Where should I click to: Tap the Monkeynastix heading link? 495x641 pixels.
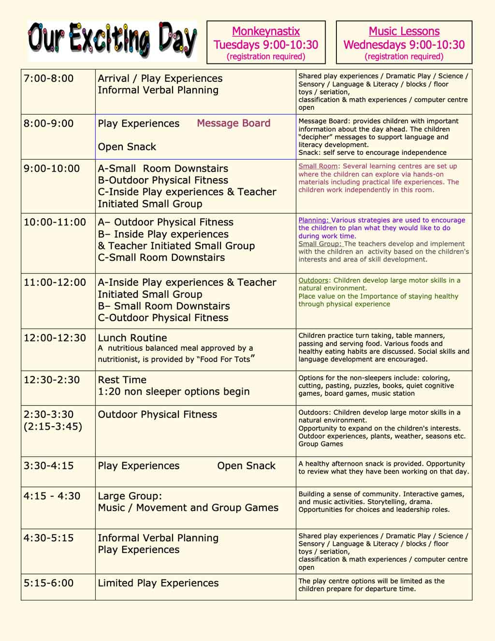tap(266, 31)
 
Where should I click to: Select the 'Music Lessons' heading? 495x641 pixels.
tap(404, 31)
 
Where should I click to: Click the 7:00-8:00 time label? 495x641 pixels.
tap(48, 78)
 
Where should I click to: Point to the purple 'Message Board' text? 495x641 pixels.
tap(233, 123)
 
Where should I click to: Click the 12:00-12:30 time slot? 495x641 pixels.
tap(55, 338)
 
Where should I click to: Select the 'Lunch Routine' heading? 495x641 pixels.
tap(132, 338)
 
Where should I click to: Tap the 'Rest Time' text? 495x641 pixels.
tap(122, 380)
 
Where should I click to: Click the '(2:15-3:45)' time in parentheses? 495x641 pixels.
tap(53, 426)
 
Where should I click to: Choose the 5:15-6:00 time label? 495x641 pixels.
tap(48, 583)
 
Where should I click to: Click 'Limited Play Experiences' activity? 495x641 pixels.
tap(158, 583)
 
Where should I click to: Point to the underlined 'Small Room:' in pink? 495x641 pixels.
tap(319, 166)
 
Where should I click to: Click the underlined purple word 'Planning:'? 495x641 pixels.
tap(314, 220)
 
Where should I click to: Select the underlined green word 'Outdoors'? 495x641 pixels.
tap(313, 281)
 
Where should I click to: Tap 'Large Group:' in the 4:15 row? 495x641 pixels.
tap(130, 496)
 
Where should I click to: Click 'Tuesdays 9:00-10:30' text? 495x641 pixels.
tap(266, 45)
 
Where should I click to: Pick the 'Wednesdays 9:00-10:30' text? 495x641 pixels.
tap(404, 45)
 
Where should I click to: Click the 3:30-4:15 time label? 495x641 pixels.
tap(48, 466)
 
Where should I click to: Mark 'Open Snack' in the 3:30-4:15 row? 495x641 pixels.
tap(246, 466)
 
